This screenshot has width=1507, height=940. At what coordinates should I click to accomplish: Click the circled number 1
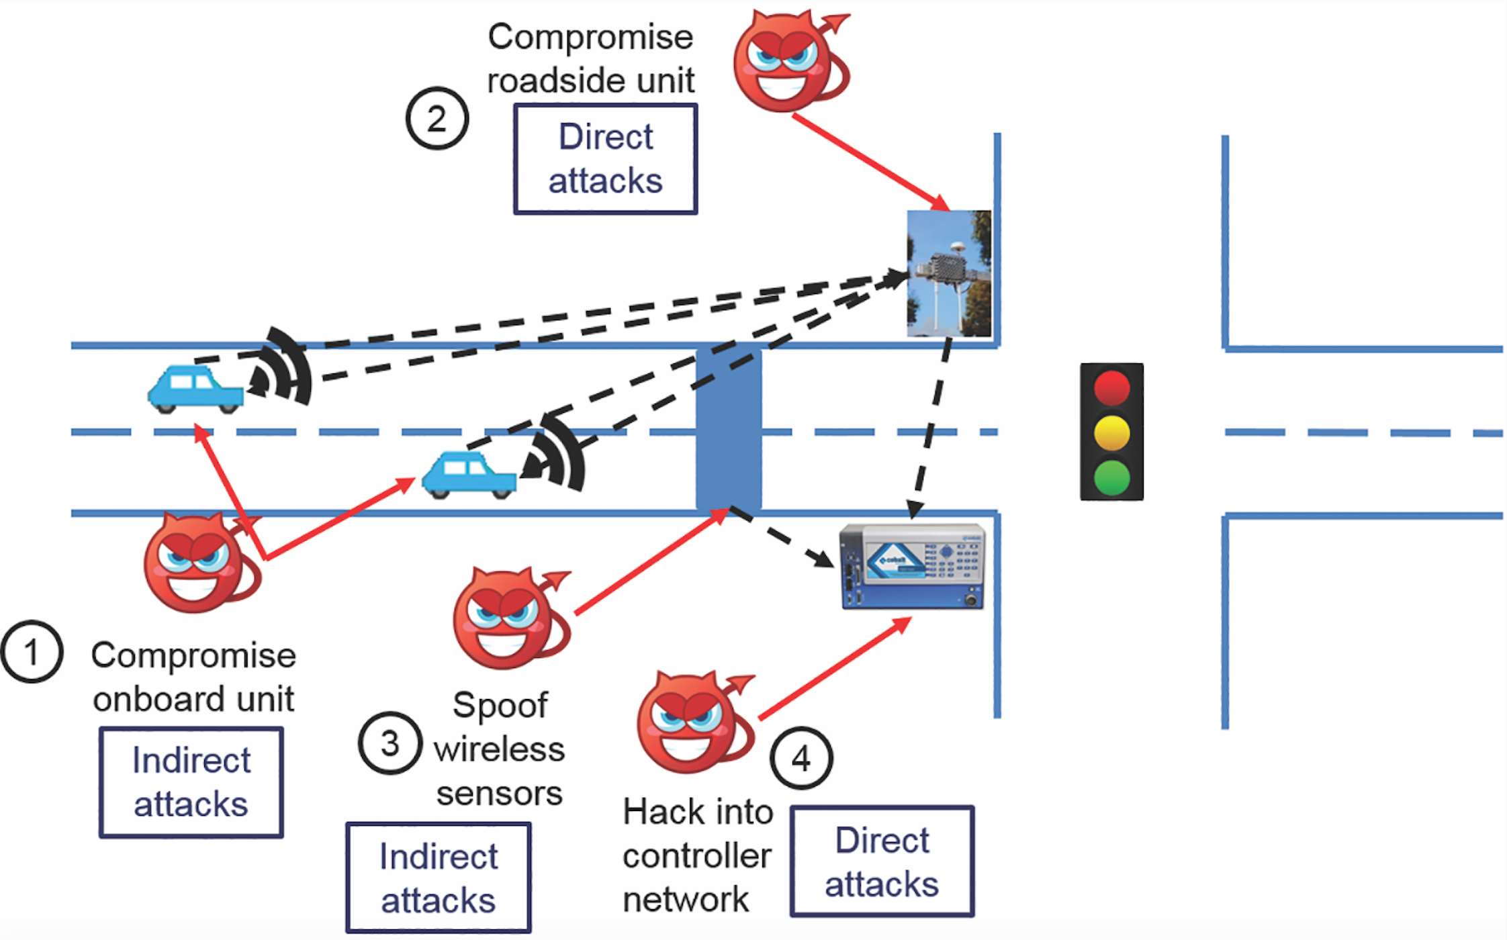pyautogui.click(x=32, y=652)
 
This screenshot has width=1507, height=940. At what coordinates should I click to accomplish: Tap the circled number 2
pyautogui.click(x=437, y=119)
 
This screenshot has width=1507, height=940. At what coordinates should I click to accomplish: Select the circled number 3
pyautogui.click(x=390, y=743)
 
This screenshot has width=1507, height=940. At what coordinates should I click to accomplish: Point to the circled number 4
pyautogui.click(x=801, y=759)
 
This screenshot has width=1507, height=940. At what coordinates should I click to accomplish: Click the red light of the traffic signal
pyautogui.click(x=1111, y=387)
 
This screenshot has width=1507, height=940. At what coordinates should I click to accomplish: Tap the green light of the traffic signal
pyautogui.click(x=1111, y=477)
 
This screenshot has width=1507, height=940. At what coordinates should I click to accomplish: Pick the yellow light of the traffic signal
pyautogui.click(x=1111, y=433)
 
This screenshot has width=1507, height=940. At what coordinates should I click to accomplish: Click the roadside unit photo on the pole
pyautogui.click(x=948, y=273)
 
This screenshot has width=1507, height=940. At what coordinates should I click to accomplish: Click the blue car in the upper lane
pyautogui.click(x=195, y=389)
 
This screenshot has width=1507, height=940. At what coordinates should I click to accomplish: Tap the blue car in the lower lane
pyautogui.click(x=469, y=475)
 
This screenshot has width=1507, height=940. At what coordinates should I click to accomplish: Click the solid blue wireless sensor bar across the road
pyautogui.click(x=728, y=430)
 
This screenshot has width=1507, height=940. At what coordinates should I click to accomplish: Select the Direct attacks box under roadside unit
pyautogui.click(x=605, y=159)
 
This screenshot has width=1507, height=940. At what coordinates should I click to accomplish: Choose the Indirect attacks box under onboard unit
pyautogui.click(x=191, y=782)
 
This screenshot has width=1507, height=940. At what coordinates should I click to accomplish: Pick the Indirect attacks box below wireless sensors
pyautogui.click(x=439, y=878)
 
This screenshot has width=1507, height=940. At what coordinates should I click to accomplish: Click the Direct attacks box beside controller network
pyautogui.click(x=882, y=861)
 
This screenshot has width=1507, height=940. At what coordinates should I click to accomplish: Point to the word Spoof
pyautogui.click(x=500, y=705)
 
